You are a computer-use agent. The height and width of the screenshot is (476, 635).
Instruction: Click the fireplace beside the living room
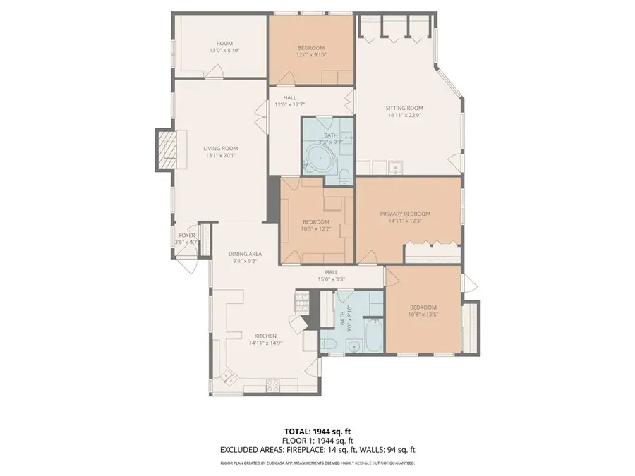[x=167, y=149]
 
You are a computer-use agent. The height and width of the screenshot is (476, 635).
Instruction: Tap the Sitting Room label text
[x=403, y=108]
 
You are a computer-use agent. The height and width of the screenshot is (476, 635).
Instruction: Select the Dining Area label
[x=245, y=254]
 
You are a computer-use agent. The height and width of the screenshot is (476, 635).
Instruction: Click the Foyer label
[x=186, y=236]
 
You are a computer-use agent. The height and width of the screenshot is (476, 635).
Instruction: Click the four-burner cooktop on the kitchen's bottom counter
[x=272, y=384]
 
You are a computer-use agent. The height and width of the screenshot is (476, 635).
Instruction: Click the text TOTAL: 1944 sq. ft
[x=317, y=431]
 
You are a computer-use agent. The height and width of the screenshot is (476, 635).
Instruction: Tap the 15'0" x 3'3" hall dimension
[x=331, y=279]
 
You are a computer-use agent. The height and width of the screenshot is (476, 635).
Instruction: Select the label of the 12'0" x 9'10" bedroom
[x=311, y=47]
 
